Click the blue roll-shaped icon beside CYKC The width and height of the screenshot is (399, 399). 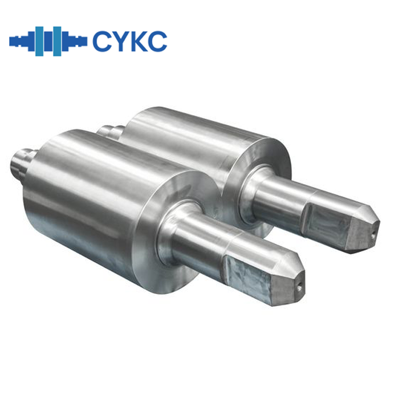click(48, 41)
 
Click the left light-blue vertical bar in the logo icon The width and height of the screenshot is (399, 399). click(38, 41)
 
